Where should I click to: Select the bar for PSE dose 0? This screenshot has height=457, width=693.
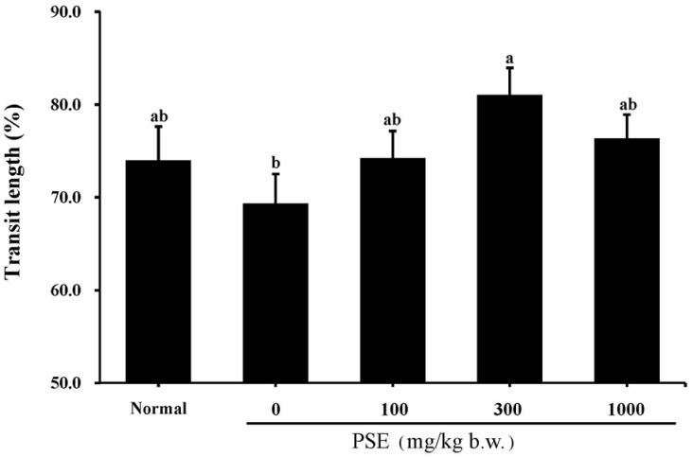click(275, 293)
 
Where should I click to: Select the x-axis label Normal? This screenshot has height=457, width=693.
click(158, 410)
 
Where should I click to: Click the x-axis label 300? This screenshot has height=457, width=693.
click(509, 410)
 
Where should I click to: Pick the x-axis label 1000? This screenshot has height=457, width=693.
click(626, 410)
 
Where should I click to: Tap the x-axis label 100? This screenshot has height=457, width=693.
click(392, 410)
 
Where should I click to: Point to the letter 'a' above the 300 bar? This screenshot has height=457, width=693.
click(509, 58)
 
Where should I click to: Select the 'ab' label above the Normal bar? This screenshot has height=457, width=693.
click(158, 116)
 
